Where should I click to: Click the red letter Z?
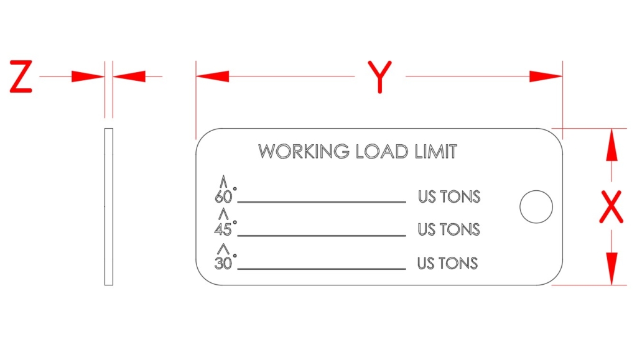point(21,76)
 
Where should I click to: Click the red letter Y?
point(380,77)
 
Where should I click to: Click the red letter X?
point(611,207)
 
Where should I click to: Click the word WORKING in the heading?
point(304,151)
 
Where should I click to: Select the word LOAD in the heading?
point(382,151)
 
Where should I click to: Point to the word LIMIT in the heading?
point(436,151)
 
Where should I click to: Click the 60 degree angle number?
point(223,197)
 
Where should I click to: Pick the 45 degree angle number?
point(223,229)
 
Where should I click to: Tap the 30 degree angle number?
point(223,264)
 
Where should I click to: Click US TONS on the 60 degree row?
point(449,197)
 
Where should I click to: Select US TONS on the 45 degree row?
point(449,229)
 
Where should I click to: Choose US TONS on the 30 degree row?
point(448,264)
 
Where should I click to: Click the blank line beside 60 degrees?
point(322,201)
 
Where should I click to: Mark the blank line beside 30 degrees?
point(322,269)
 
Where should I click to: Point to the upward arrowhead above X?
point(611,144)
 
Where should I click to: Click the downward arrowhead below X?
point(611,269)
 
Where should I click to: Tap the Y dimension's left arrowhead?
point(213,76)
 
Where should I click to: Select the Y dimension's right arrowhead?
point(546,76)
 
